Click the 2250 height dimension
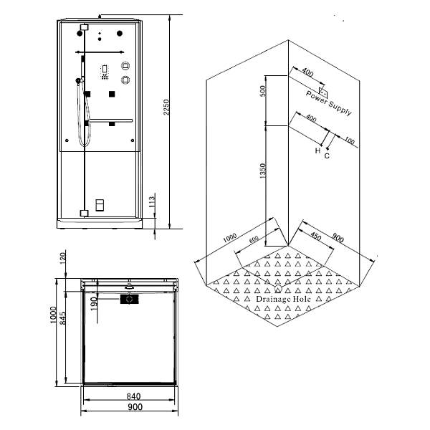coord(166,107)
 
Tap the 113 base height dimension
coord(152,201)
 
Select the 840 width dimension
coord(134,396)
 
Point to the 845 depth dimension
coord(63,318)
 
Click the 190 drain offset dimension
coord(94,304)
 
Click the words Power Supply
coord(328,103)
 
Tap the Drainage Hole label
coord(283,299)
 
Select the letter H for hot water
coord(317,150)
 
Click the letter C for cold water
coord(327,156)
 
